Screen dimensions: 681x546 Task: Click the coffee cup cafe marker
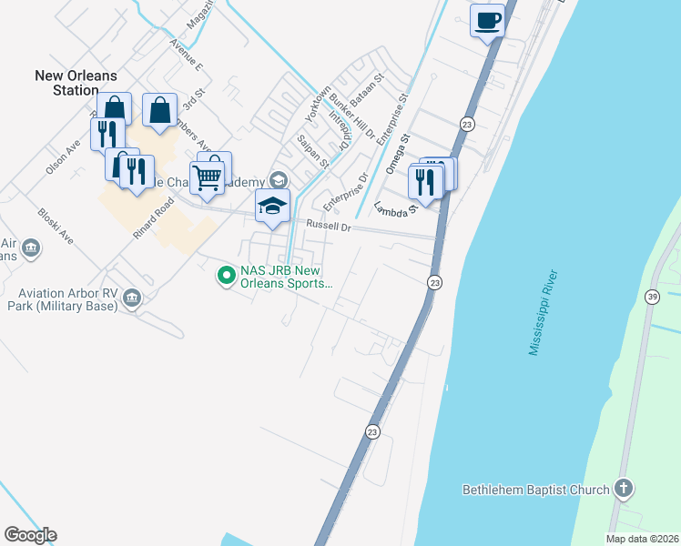pyautogui.click(x=487, y=20)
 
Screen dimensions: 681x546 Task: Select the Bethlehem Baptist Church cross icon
pyautogui.click(x=624, y=488)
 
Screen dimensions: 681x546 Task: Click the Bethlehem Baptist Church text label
pyautogui.click(x=535, y=490)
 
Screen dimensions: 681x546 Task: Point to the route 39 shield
pyautogui.click(x=652, y=297)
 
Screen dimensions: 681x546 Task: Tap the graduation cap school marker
pyautogui.click(x=272, y=207)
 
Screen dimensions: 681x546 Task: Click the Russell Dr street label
pyautogui.click(x=329, y=225)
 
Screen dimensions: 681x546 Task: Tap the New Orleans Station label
pyautogui.click(x=66, y=83)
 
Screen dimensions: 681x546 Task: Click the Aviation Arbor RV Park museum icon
pyautogui.click(x=133, y=298)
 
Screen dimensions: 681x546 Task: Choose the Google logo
pyautogui.click(x=30, y=535)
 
